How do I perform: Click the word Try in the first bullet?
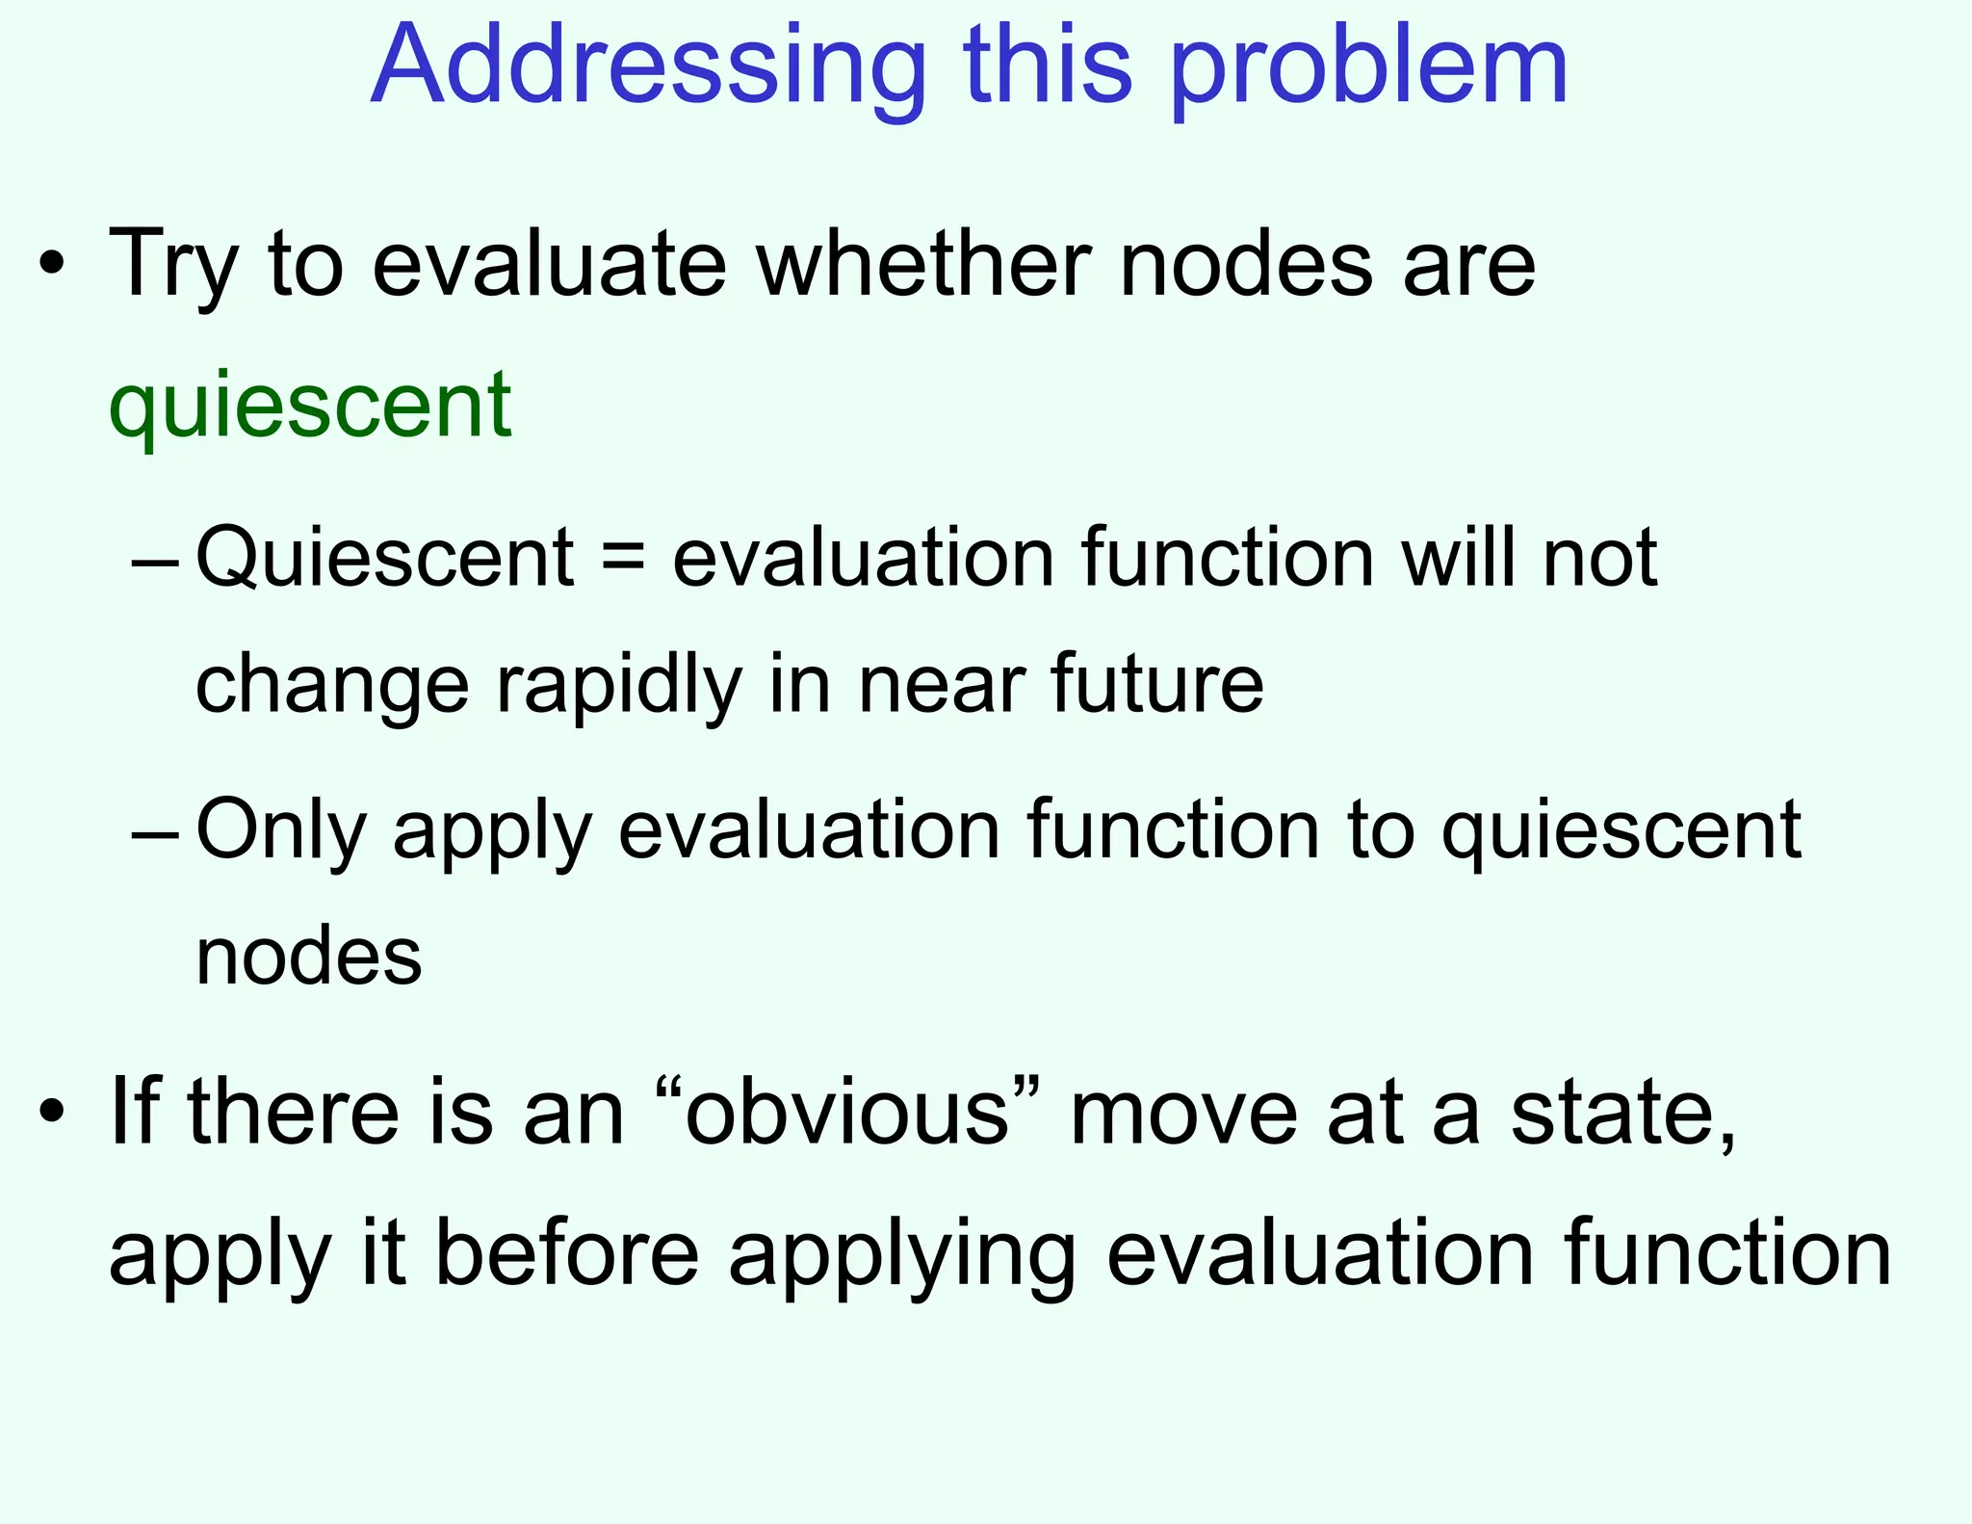point(173,264)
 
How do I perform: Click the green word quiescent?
point(310,405)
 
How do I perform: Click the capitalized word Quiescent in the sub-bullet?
point(384,559)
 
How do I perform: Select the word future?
point(1156,683)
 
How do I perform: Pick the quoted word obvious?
point(846,1112)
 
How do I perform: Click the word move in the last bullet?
point(1183,1112)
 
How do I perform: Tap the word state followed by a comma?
point(1622,1112)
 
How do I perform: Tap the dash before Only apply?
point(155,834)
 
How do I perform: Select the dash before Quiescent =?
point(155,562)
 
